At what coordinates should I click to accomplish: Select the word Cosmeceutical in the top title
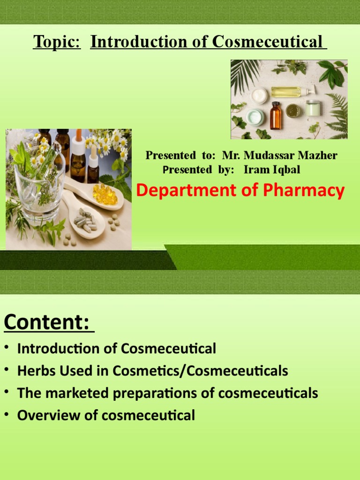click(267, 42)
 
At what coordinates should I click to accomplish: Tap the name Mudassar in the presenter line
click(269, 155)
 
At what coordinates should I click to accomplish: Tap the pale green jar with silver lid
click(313, 108)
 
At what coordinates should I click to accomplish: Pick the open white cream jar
click(259, 96)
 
